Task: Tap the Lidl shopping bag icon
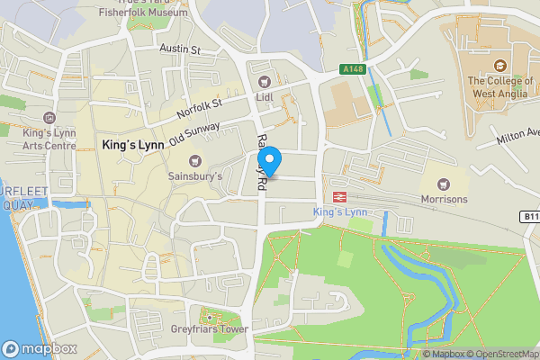tap(265, 82)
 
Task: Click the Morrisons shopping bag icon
tap(444, 182)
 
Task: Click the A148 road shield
tap(352, 69)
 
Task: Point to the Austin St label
tap(178, 49)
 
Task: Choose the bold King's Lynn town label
tap(131, 145)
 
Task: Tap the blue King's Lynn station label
tap(341, 211)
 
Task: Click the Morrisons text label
tap(444, 199)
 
